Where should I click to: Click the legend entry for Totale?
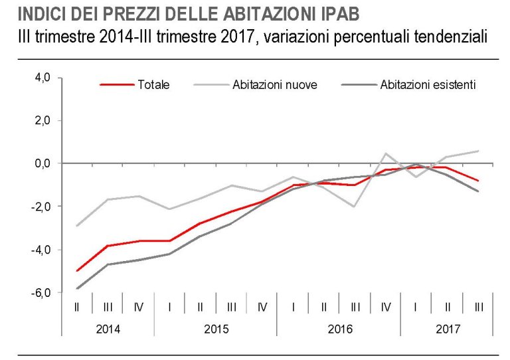153,84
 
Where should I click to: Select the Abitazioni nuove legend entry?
274,84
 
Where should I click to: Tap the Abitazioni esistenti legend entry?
428,84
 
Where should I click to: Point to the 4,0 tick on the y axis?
43,78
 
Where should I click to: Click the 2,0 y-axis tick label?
43,120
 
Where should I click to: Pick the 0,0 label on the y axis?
43,163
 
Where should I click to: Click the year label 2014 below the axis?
108,328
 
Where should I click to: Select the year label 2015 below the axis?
216,328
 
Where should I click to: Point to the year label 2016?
339,328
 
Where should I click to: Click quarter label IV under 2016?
385,307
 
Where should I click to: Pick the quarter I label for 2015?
170,307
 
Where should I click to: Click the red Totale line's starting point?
77,271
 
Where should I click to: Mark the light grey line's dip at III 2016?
355,207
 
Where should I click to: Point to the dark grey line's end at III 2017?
478,191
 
